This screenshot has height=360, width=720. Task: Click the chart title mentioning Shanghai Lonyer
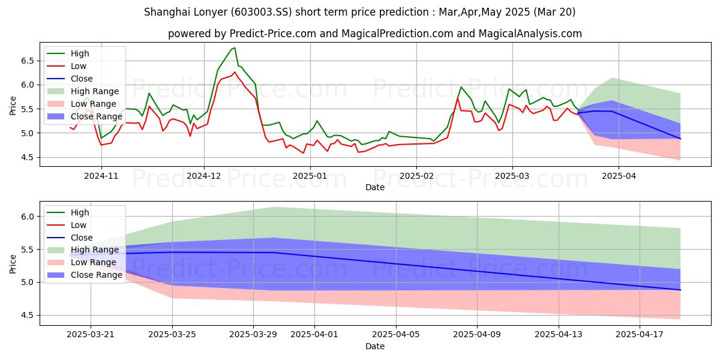tap(360, 11)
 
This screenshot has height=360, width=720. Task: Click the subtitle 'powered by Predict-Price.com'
tap(374, 34)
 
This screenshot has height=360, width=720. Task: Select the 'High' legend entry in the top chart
tap(79, 53)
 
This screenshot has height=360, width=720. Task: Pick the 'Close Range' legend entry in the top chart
tap(96, 116)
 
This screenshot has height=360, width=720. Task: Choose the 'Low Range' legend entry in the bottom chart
tap(93, 262)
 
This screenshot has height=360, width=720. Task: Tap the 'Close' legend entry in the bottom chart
tap(82, 237)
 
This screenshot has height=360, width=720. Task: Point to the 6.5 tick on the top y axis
tap(26, 61)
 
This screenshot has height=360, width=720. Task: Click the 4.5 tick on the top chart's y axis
tap(26, 157)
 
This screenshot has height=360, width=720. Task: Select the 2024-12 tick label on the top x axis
tap(204, 175)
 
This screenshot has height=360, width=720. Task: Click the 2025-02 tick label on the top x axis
tap(416, 175)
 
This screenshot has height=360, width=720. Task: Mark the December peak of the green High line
tap(235, 48)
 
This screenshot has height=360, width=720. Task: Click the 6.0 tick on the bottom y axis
tap(26, 216)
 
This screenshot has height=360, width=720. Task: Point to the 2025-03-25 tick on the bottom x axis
tap(172, 334)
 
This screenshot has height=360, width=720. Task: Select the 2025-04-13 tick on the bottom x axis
tap(559, 334)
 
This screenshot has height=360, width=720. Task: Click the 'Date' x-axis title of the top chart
tap(375, 187)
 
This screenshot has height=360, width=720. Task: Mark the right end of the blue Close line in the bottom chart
tap(680, 290)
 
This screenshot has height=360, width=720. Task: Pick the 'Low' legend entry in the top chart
tap(78, 66)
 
